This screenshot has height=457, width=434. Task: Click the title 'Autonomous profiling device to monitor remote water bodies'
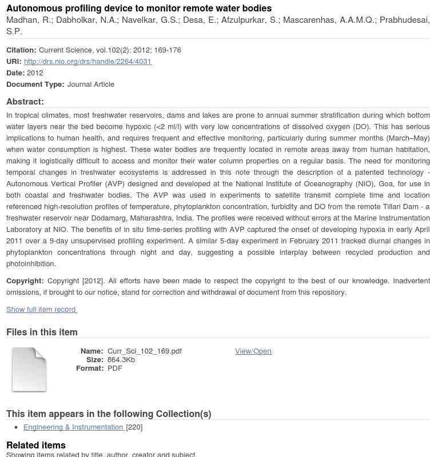(139, 9)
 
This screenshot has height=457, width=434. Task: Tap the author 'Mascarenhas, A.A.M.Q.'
(329, 20)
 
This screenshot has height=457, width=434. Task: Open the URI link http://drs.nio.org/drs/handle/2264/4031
(87, 62)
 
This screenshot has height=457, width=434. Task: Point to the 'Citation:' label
(21, 50)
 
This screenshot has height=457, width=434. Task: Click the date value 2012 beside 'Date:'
(35, 73)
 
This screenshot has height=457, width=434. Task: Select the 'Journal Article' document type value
(91, 85)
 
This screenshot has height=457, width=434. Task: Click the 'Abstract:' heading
(25, 102)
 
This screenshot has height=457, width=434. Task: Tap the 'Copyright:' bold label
(25, 281)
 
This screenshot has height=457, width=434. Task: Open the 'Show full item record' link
(41, 310)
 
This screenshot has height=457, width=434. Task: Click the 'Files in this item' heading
(42, 332)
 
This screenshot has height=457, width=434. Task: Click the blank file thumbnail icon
(29, 370)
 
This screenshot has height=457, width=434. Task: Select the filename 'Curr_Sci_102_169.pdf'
(145, 351)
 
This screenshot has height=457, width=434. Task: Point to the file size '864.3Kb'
(121, 360)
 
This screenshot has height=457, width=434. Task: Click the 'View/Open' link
(253, 351)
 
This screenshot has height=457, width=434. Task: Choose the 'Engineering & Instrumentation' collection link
(73, 427)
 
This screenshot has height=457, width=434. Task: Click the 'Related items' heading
(36, 446)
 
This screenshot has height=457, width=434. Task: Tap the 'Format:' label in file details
(90, 368)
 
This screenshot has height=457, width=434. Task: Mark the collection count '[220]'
(134, 427)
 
